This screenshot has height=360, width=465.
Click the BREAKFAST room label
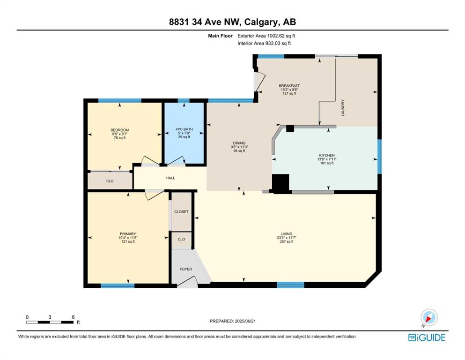pyautogui.click(x=289, y=86)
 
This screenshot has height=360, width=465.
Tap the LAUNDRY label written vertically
pyautogui.click(x=343, y=108)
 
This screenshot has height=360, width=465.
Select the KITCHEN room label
pyautogui.click(x=327, y=155)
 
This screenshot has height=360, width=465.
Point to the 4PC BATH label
pyautogui.click(x=184, y=129)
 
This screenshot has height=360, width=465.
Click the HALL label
pyautogui.click(x=170, y=178)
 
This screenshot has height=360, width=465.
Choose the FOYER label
pyautogui.click(x=186, y=269)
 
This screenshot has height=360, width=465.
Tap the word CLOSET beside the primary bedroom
pyautogui.click(x=181, y=211)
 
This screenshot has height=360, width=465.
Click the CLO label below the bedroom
pyautogui.click(x=110, y=181)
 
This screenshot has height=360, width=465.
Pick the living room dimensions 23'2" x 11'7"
pyautogui.click(x=287, y=238)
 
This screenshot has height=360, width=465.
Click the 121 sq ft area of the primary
pyautogui.click(x=128, y=241)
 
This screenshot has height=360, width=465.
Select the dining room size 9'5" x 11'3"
pyautogui.click(x=239, y=147)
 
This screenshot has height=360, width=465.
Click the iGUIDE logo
pyautogui.click(x=427, y=337)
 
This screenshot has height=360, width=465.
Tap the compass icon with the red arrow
pyautogui.click(x=429, y=318)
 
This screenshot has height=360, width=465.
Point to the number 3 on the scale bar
pyautogui.click(x=50, y=317)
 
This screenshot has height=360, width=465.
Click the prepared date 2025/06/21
pyautogui.click(x=245, y=321)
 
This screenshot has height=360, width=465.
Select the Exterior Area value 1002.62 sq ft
pyautogui.click(x=281, y=36)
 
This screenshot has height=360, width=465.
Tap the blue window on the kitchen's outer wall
pyautogui.click(x=379, y=157)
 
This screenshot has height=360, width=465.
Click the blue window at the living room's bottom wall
pyautogui.click(x=290, y=285)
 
